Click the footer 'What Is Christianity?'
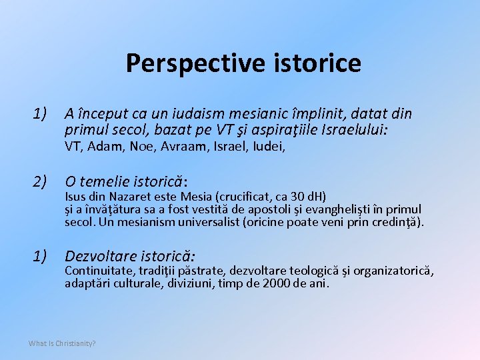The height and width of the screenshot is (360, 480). tap(62, 343)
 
